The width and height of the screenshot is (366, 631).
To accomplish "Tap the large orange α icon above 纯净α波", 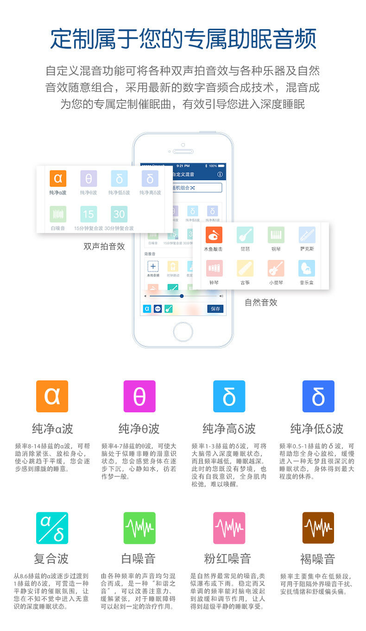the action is pyautogui.click(x=52, y=396).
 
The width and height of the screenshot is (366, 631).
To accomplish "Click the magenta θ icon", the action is pyautogui.click(x=139, y=396).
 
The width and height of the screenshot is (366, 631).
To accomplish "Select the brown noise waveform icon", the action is pyautogui.click(x=318, y=528).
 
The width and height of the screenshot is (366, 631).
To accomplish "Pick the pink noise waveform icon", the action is pyautogui.click(x=229, y=528).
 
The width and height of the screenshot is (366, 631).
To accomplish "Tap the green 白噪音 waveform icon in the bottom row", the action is pyautogui.click(x=139, y=528).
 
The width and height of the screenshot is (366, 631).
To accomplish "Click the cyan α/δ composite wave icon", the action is pyautogui.click(x=52, y=528).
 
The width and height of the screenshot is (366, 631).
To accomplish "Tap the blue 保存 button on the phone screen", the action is pyautogui.click(x=215, y=309).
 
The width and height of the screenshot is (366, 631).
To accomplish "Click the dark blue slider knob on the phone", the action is pyautogui.click(x=182, y=296).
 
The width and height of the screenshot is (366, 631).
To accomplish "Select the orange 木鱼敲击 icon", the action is pyautogui.click(x=214, y=235).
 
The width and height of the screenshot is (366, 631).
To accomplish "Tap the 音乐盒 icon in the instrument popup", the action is pyautogui.click(x=307, y=268).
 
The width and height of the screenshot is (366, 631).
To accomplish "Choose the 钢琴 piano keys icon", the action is pyautogui.click(x=276, y=235).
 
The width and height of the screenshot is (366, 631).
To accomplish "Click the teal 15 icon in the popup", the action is pyautogui.click(x=88, y=214).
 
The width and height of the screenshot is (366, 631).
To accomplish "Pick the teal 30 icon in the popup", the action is pyautogui.click(x=119, y=214).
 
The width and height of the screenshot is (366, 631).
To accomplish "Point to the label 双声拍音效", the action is pyautogui.click(x=104, y=246).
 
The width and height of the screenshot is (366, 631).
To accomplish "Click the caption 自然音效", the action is pyautogui.click(x=261, y=303).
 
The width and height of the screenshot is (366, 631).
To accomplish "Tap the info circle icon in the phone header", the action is pyautogui.click(x=220, y=175).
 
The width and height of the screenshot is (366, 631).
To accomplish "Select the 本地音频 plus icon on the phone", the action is pyautogui.click(x=153, y=266).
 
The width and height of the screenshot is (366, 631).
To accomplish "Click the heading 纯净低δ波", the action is pyautogui.click(x=317, y=429).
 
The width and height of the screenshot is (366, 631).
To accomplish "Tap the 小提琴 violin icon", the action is pyautogui.click(x=276, y=268).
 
